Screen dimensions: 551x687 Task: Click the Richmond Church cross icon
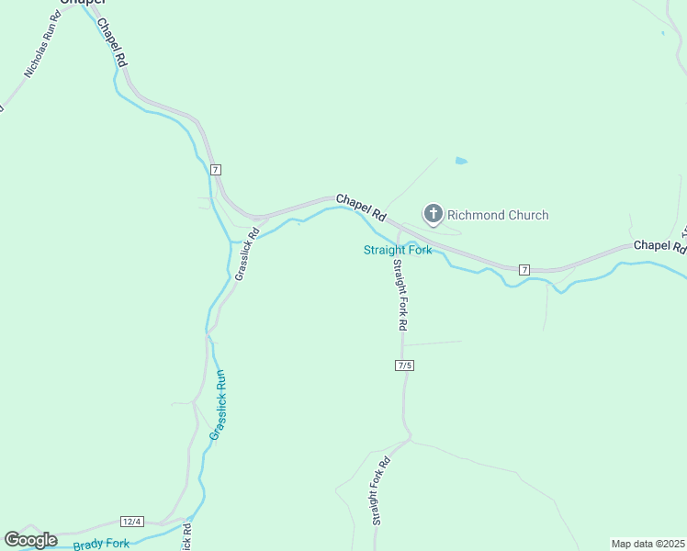tap(433, 215)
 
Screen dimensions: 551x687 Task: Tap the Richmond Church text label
tap(497, 215)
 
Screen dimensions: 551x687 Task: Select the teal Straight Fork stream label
tap(398, 250)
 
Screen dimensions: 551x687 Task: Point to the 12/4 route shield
tap(132, 522)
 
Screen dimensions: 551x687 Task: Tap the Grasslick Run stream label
tap(218, 404)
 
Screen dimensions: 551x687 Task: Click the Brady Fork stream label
tap(101, 545)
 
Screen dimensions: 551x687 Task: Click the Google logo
tap(30, 540)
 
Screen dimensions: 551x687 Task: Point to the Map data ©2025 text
tap(648, 544)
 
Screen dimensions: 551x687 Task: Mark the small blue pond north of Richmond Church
tap(460, 161)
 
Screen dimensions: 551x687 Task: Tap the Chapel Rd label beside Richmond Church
tap(360, 207)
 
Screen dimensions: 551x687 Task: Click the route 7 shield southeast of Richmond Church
tap(524, 269)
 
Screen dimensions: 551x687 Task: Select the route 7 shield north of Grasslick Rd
tap(215, 170)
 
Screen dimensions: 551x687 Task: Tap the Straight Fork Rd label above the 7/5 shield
tap(400, 295)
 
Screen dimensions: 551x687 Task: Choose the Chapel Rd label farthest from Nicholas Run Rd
tap(659, 246)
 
